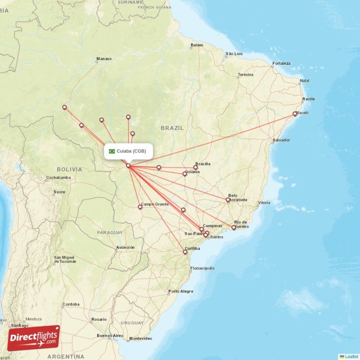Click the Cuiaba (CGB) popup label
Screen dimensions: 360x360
[131, 151]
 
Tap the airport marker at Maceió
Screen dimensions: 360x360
[295, 114]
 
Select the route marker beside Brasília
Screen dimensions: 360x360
[196, 167]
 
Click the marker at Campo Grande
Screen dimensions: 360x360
[140, 207]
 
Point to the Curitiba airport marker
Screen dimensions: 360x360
[185, 252]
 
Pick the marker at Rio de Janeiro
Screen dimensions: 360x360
[234, 228]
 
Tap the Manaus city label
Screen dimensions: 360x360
[104, 59]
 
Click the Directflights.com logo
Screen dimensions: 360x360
[34, 338]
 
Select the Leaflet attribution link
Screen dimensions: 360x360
[351, 356]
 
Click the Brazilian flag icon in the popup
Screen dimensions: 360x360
[112, 151]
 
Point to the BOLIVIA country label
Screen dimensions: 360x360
[70, 170]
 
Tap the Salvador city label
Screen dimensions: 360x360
[281, 140]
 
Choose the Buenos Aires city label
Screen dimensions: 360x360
[110, 336]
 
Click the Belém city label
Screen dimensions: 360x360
[197, 45]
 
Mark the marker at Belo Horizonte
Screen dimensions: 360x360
[228, 200]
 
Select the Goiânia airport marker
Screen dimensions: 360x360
[184, 174]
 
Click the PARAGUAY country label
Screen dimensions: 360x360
[110, 233]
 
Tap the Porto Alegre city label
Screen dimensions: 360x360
[181, 291]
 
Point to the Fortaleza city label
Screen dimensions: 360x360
[281, 63]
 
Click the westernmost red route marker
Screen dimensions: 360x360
[64, 107]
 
